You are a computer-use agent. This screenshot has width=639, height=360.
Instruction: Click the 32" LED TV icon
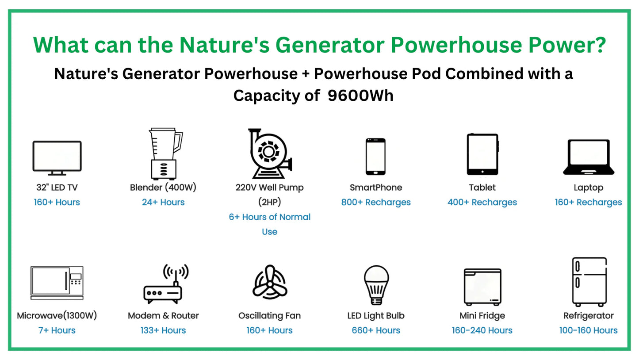click(57, 158)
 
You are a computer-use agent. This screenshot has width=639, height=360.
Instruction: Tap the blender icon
click(165, 154)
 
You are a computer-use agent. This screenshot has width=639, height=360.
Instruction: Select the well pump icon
click(270, 153)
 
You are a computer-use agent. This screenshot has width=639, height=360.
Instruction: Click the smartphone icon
click(376, 156)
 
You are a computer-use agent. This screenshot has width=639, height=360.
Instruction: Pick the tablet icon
click(482, 154)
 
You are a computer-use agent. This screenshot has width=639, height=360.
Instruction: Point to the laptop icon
click(589, 157)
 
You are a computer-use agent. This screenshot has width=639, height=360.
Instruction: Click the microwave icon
click(57, 283)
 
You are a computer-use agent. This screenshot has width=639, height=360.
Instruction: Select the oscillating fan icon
click(270, 282)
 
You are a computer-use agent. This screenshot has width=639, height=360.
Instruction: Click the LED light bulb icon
click(376, 285)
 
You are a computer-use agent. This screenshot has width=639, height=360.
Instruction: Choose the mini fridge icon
click(482, 287)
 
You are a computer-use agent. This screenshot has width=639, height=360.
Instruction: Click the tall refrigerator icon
click(589, 282)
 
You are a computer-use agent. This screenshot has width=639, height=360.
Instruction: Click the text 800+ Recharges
click(376, 202)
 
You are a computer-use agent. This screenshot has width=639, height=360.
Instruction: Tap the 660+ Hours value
click(376, 330)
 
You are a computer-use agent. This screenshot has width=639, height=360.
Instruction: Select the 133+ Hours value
click(163, 330)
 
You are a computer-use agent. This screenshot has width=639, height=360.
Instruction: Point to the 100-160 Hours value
click(589, 330)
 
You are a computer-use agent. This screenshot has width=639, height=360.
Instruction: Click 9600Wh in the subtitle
click(360, 95)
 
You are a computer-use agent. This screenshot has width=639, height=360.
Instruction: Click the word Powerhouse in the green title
click(456, 45)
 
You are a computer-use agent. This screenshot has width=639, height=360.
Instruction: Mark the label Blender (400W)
click(163, 188)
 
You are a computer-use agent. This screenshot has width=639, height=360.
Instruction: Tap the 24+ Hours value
click(163, 202)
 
